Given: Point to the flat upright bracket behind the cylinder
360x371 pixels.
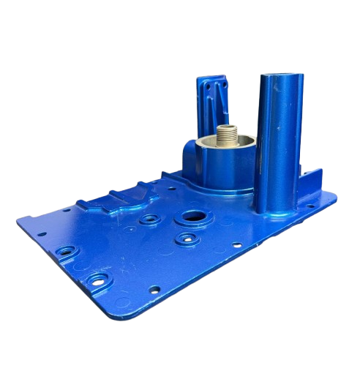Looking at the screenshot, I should click(211, 106).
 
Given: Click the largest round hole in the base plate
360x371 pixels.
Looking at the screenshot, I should click(197, 217).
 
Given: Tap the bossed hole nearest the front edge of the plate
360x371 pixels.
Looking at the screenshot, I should click(97, 280).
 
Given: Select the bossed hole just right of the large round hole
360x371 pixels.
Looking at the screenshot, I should click(187, 238).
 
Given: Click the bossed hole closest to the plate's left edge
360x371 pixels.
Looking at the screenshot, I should click(66, 251).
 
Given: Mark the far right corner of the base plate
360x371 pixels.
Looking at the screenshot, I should click(334, 195).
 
